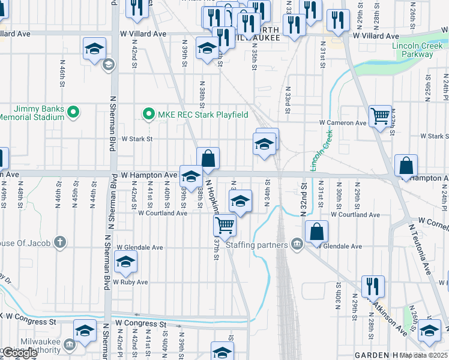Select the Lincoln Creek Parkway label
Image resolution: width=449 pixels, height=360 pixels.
pyautogui.click(x=412, y=50)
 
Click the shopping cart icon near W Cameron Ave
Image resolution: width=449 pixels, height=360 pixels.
pyautogui.click(x=381, y=116)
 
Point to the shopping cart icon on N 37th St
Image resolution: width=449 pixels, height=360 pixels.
pyautogui.click(x=224, y=225)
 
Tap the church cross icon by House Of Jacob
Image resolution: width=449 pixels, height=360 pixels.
pyautogui.click(x=59, y=242)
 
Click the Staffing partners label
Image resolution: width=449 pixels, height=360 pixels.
pyautogui.click(x=258, y=244)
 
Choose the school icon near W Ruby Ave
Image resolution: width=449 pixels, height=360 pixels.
pyautogui.click(x=125, y=262)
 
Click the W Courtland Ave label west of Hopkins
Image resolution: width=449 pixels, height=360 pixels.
pyautogui.click(x=163, y=213)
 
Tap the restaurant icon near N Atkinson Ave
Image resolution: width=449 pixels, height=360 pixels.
pyautogui.click(x=373, y=286)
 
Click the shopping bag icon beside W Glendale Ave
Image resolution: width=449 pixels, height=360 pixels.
pyautogui.click(x=316, y=232)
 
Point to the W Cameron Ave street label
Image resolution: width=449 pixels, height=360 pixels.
pyautogui.click(x=343, y=123)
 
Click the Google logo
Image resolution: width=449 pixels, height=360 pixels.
pyautogui.click(x=20, y=353)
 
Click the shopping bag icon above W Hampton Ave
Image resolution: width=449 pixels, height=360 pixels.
pyautogui.click(x=208, y=158)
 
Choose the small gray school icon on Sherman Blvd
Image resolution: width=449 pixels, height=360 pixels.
pyautogui.click(x=109, y=65)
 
